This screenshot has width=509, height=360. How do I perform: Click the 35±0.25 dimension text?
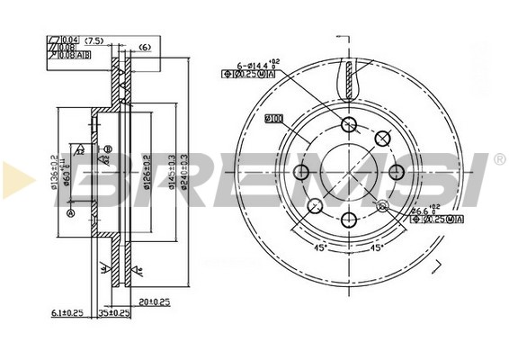[113, 313]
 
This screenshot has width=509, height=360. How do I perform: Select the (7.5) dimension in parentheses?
[94, 40]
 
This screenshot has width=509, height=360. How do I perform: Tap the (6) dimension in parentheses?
[144, 47]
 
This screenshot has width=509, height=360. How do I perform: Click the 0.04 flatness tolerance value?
[67, 40]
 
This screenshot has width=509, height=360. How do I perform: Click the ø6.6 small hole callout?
[421, 212]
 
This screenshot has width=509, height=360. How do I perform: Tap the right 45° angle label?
[378, 247]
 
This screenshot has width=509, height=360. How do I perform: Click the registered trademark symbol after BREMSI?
[500, 159]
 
